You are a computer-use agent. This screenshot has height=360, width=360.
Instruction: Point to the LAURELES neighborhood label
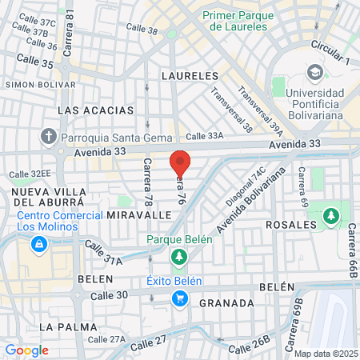click(190, 75)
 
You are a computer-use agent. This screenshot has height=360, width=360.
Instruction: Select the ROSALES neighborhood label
click(290, 225)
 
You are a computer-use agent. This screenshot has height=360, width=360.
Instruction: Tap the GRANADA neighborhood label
click(226, 303)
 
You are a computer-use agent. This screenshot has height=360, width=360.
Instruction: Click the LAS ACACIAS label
click(86, 109)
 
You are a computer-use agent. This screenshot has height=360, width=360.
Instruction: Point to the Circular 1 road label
click(331, 56)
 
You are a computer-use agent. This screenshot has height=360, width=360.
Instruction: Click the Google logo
click(27, 350)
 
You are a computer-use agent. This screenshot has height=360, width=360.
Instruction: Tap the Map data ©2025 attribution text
click(324, 354)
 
